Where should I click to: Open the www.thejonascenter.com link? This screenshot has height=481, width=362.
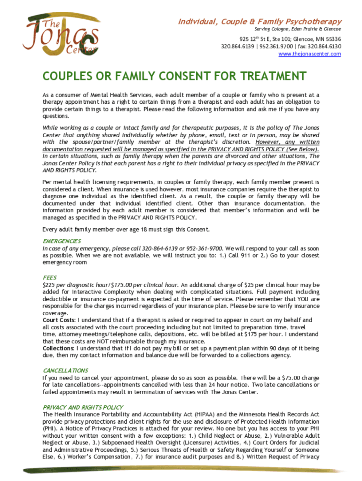pyautogui.click(x=309, y=54)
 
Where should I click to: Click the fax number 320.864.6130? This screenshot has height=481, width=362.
pyautogui.click(x=323, y=47)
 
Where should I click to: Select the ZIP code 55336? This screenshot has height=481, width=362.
pyautogui.click(x=332, y=39)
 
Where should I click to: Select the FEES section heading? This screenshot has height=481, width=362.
pyautogui.click(x=49, y=278)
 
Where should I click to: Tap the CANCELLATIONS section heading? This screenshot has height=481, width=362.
pyautogui.click(x=65, y=370)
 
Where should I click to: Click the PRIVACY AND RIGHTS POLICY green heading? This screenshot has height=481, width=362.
pyautogui.click(x=83, y=407)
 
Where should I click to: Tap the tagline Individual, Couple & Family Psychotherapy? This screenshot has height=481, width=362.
pyautogui.click(x=259, y=22)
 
